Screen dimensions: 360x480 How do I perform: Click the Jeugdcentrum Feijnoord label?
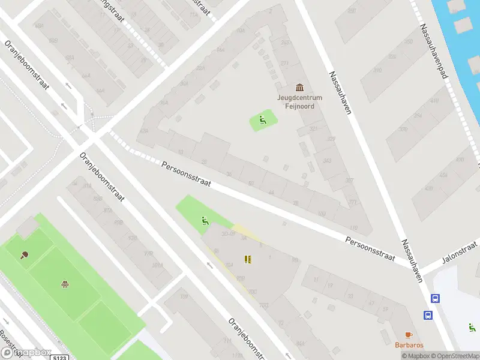pos(299,101)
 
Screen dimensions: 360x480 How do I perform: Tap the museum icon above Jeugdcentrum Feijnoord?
pos(299,88)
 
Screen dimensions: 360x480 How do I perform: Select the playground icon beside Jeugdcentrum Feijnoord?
pos(262,120)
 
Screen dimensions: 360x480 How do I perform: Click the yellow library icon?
pos(247,259)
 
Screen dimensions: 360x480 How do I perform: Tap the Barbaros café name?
pos(409,345)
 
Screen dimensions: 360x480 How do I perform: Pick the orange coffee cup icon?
pos(409,334)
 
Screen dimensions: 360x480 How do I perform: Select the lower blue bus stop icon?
pos(428,315)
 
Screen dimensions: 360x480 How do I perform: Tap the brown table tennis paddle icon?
pos(25,255)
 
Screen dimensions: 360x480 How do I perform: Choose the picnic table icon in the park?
pos(64,283)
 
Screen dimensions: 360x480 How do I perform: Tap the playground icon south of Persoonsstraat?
pos(205,221)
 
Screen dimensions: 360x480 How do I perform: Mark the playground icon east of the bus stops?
pos(472,328)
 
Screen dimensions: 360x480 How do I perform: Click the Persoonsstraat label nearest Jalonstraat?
pos(370,248)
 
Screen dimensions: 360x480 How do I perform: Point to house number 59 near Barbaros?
pos(385,309)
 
